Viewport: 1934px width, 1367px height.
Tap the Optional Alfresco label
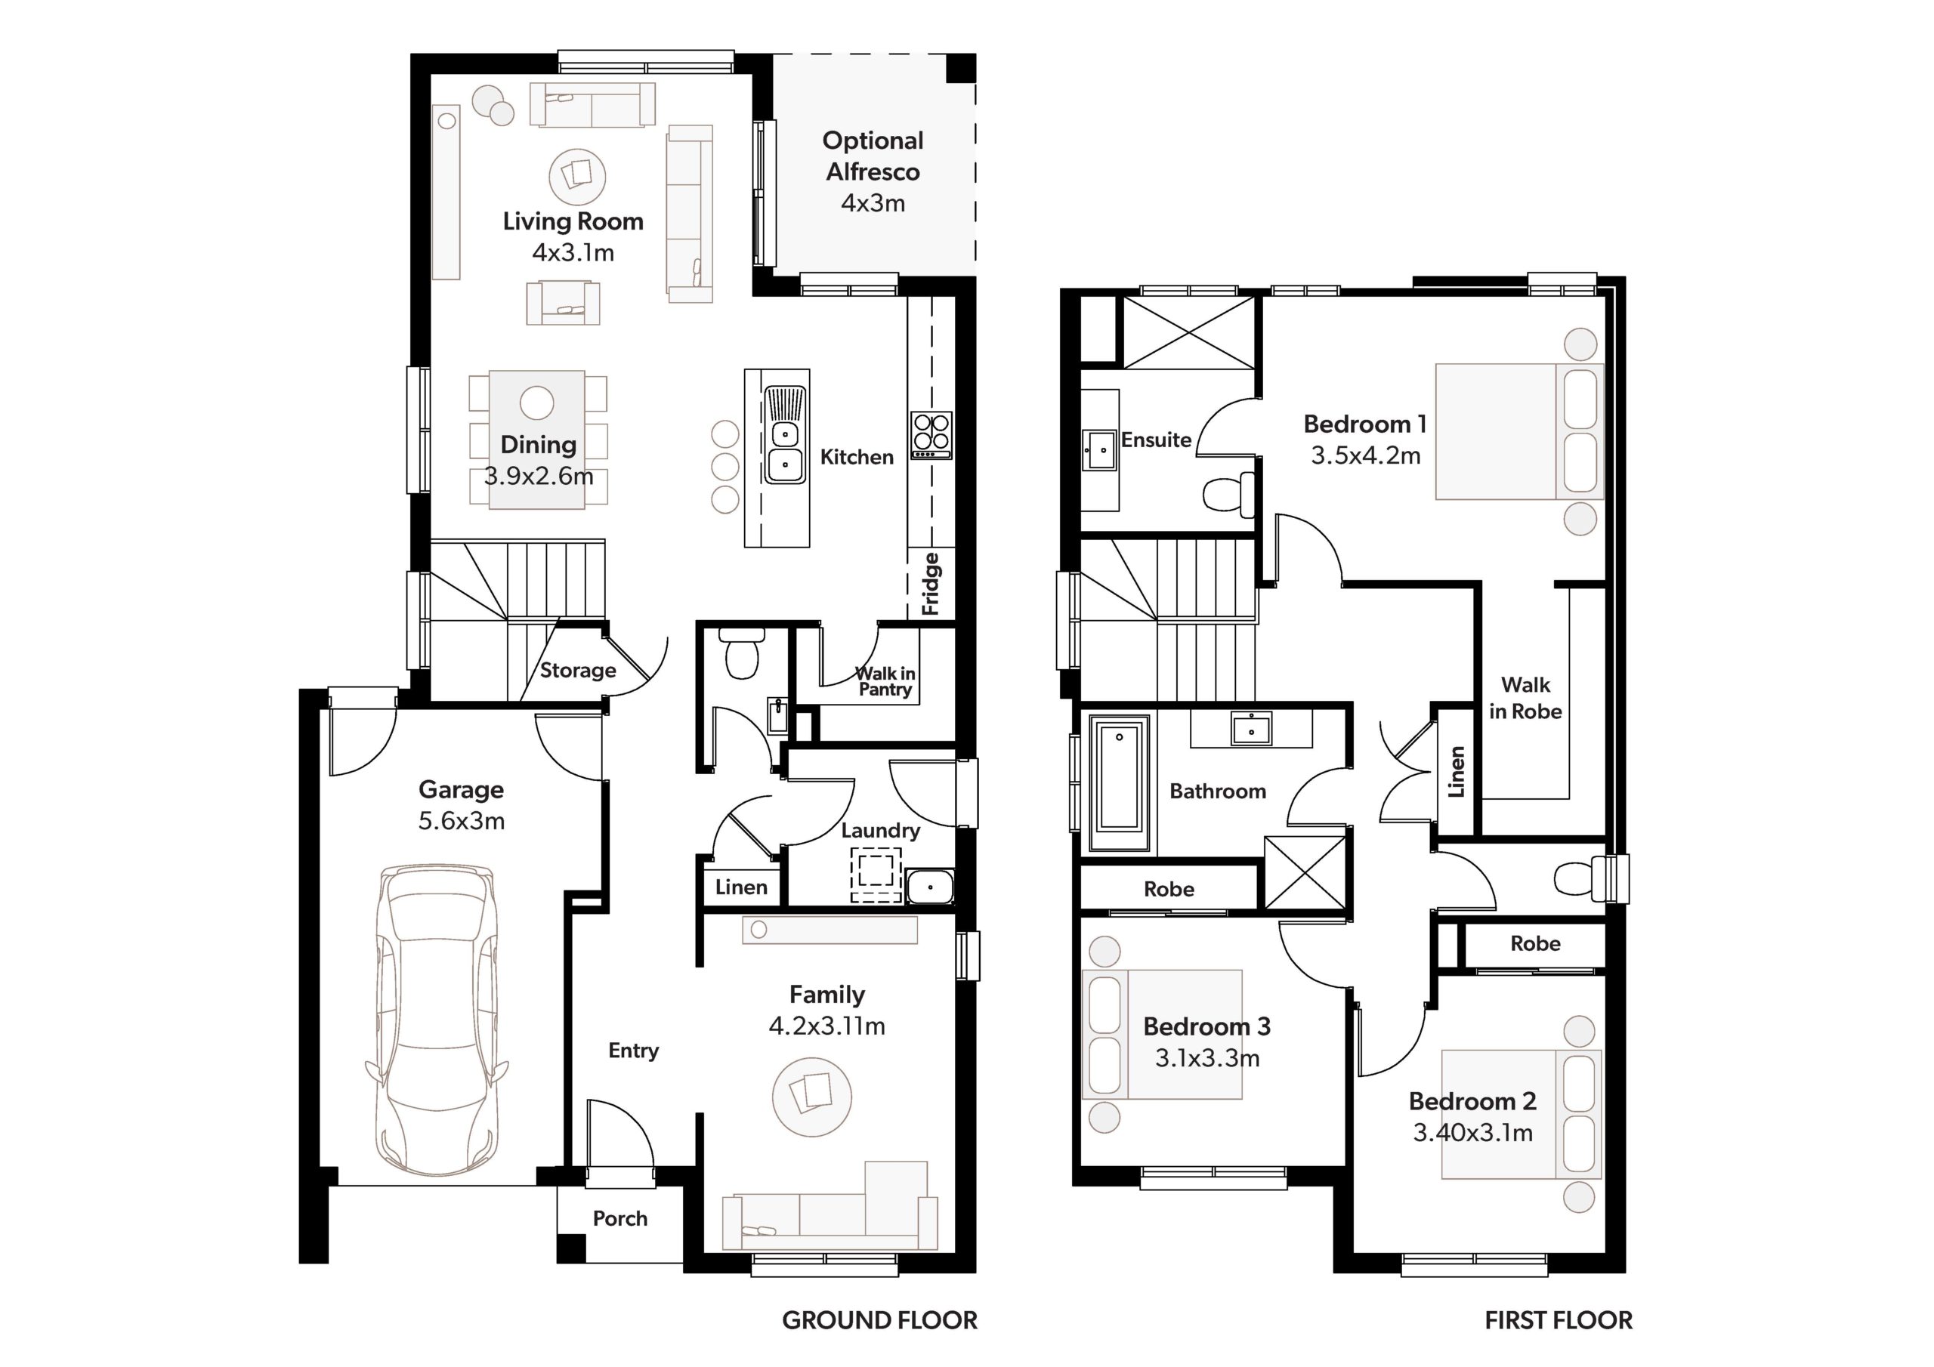(x=873, y=156)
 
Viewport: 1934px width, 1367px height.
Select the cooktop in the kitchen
(x=931, y=436)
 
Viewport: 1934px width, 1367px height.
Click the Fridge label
(x=930, y=584)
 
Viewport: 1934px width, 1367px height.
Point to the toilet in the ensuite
(x=1229, y=494)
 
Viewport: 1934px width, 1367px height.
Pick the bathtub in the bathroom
(x=1120, y=784)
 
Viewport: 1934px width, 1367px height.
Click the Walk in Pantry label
(x=885, y=681)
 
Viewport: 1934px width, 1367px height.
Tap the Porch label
(x=620, y=1219)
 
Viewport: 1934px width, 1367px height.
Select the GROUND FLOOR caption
(x=879, y=1320)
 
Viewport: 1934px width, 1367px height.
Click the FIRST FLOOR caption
(x=1559, y=1320)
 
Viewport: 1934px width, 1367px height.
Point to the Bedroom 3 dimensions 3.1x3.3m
(x=1207, y=1058)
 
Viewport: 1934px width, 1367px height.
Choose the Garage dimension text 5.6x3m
(x=462, y=820)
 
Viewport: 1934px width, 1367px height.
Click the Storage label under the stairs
(x=578, y=671)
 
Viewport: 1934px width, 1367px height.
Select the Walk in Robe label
(x=1525, y=699)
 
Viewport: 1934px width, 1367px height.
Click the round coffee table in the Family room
(x=812, y=1097)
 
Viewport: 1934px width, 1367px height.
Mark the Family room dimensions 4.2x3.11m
(x=827, y=1026)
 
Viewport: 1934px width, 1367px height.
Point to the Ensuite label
(x=1156, y=440)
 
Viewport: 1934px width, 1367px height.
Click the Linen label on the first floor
(x=1457, y=773)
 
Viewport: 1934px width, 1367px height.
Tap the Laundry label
(x=880, y=831)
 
